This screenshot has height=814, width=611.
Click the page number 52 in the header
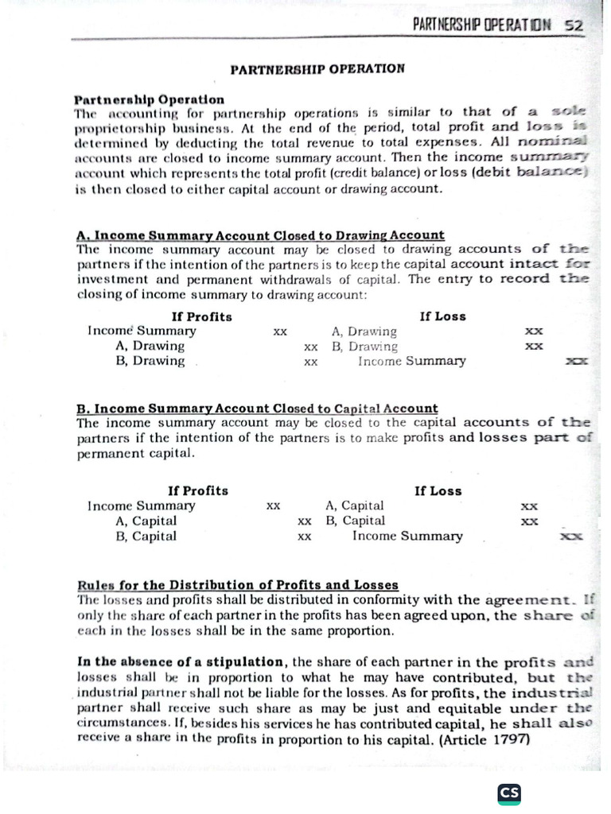(x=574, y=25)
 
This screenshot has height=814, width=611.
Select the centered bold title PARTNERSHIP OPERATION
(x=317, y=68)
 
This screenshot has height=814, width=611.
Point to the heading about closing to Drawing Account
(x=260, y=235)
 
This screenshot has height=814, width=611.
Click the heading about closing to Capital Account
(x=257, y=408)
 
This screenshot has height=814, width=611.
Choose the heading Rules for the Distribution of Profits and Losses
(x=238, y=585)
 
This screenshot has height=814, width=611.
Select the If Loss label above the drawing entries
(x=442, y=316)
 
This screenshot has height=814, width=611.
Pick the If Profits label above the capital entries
(x=197, y=490)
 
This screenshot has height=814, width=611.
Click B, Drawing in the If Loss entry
(x=364, y=347)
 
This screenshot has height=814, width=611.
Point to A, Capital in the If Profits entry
(x=146, y=521)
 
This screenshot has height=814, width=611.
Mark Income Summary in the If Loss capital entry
(x=407, y=536)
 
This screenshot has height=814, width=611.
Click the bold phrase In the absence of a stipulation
(x=181, y=662)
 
